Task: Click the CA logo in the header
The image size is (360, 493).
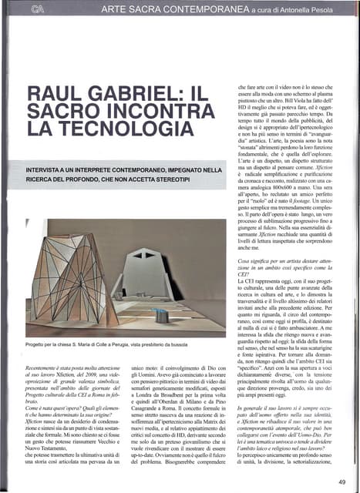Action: [x=36, y=8]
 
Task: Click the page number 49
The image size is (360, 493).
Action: [x=341, y=481]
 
